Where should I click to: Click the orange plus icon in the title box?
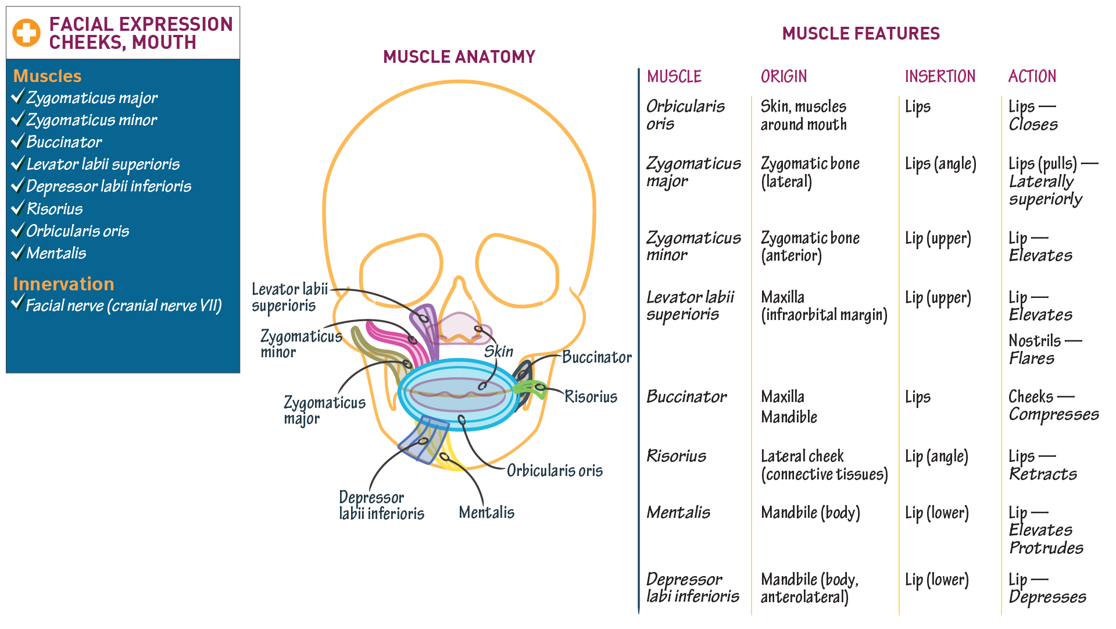click(x=27, y=33)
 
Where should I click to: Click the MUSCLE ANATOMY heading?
click(x=459, y=57)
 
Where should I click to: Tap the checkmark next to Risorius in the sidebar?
click(x=18, y=208)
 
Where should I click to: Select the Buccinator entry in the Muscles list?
click(x=64, y=142)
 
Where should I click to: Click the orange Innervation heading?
click(x=63, y=284)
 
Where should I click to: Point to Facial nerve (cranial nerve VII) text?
click(x=124, y=305)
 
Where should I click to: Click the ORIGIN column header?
click(x=784, y=76)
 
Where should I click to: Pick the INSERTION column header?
click(x=940, y=76)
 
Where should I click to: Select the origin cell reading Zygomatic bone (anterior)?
click(x=810, y=247)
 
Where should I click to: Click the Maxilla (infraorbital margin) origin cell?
click(x=824, y=306)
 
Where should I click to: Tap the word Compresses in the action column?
click(x=1053, y=414)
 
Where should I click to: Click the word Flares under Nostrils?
click(x=1031, y=358)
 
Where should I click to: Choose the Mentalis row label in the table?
click(x=678, y=513)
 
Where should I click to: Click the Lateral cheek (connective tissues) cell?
click(x=824, y=465)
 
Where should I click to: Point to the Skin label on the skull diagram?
click(x=499, y=351)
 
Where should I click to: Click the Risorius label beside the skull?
click(x=591, y=397)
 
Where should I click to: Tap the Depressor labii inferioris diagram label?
click(x=381, y=505)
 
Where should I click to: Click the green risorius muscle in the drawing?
click(x=531, y=389)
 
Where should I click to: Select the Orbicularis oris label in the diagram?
click(x=555, y=471)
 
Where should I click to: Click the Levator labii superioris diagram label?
click(x=289, y=297)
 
